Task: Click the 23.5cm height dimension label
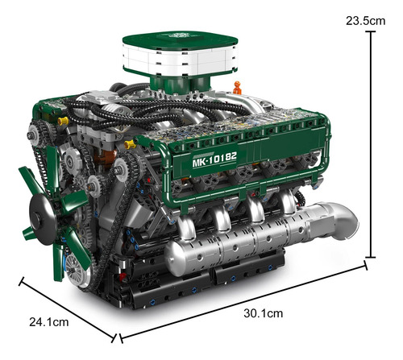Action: (x=365, y=21)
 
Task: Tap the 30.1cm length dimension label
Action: (x=264, y=313)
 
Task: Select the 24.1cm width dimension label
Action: (x=49, y=322)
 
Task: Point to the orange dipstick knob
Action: (x=237, y=88)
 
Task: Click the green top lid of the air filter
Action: (x=180, y=39)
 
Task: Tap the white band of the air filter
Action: (x=180, y=60)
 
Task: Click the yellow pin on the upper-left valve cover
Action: (x=63, y=121)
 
